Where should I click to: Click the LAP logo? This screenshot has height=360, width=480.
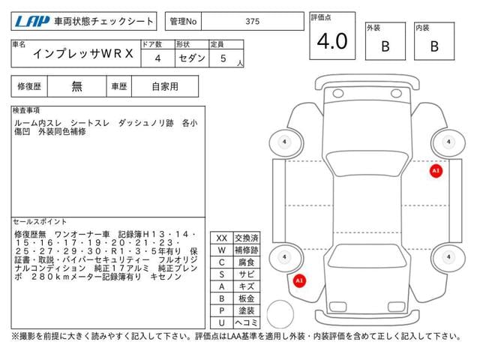click(32, 22)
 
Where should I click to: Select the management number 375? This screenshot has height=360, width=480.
click(253, 22)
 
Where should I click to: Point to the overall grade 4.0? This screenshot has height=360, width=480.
click(332, 41)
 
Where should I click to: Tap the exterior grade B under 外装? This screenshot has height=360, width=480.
click(385, 46)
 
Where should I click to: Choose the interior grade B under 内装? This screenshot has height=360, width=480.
click(434, 46)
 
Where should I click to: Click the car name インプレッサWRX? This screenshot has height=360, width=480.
click(83, 54)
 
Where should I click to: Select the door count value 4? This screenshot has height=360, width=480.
click(157, 58)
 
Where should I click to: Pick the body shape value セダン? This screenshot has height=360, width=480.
click(192, 58)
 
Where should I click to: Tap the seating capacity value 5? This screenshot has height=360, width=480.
click(223, 58)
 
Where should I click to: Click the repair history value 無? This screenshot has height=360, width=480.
click(76, 87)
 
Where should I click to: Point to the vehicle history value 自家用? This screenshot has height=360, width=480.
click(165, 87)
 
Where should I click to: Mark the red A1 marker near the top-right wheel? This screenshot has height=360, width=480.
click(436, 171)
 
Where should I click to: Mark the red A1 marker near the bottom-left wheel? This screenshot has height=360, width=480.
click(299, 280)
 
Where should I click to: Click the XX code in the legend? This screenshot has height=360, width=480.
click(222, 238)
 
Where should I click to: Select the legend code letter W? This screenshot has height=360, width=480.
click(222, 250)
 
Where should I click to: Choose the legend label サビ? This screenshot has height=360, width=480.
click(247, 274)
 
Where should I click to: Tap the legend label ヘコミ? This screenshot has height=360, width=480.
click(247, 322)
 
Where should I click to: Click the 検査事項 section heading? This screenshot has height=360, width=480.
click(26, 110)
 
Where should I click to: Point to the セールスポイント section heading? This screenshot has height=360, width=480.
click(40, 221)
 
